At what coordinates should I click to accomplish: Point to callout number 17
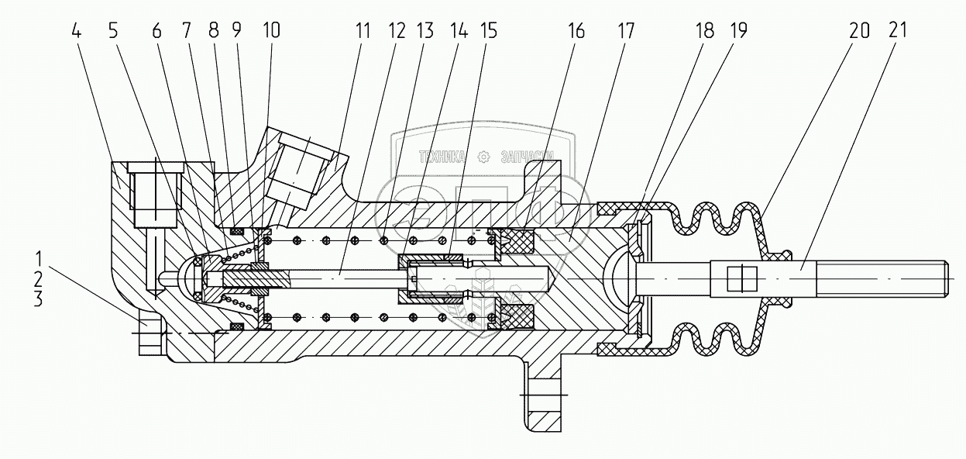click(x=626, y=31)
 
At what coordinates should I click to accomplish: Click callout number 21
click(x=898, y=31)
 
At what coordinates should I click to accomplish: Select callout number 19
click(x=739, y=31)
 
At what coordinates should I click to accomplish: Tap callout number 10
click(x=270, y=31)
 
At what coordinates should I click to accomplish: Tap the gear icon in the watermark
click(x=484, y=157)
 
